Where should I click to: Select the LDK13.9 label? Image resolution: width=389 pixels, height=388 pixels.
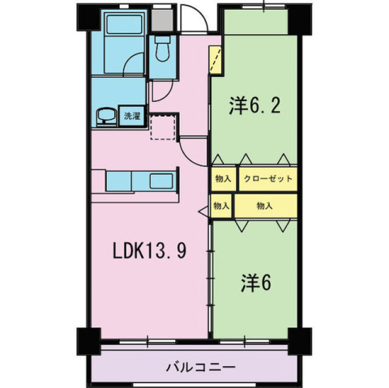coord(150,250)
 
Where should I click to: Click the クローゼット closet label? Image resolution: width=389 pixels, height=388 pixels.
coord(265,179)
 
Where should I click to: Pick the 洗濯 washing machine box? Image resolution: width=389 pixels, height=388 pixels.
coord(130,116)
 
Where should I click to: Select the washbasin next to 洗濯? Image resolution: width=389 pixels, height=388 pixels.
coord(106,117)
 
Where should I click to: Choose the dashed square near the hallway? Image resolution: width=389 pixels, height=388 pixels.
coord(165,126)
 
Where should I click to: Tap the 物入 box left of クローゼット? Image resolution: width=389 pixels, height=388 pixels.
coord(223,179)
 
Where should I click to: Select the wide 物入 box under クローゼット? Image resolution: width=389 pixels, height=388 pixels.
coord(264,207)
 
